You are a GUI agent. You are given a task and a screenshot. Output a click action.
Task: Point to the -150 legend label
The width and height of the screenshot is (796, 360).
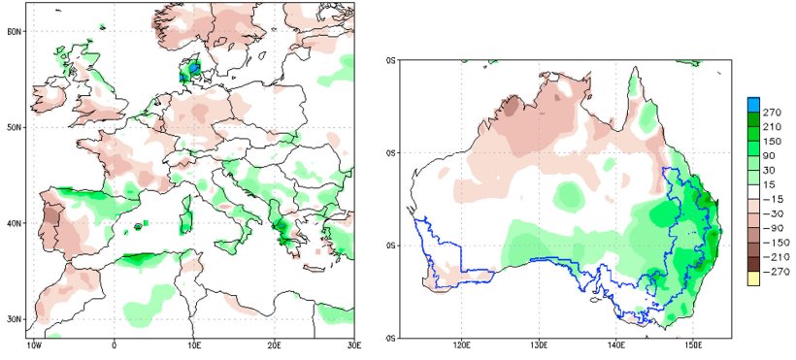coord(773,242)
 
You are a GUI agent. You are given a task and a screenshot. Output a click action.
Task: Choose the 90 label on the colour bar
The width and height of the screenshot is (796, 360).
coord(769,155)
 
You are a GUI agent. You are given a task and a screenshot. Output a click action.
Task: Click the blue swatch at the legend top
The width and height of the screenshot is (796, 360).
coord(752,103)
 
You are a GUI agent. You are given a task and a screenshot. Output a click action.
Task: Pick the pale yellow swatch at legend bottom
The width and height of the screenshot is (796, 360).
coord(752,279)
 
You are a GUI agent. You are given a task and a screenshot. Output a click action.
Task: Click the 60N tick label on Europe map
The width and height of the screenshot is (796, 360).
coord(15,31)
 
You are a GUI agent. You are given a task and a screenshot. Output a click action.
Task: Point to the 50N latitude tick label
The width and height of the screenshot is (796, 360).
coord(15,127)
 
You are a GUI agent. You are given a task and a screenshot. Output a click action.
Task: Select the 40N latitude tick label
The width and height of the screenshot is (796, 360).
coord(15,223)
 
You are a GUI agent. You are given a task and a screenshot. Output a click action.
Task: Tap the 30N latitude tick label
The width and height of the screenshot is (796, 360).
coord(15,318)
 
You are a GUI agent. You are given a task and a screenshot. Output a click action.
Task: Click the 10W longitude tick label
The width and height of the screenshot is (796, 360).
coord(34,344)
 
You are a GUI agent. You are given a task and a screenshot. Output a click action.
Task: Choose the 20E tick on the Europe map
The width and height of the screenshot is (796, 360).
coord(275,344)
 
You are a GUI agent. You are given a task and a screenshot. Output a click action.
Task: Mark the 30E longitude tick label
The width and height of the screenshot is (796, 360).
coord(353,344)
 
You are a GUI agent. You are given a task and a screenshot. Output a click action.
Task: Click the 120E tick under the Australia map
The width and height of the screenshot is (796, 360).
coord(462,344)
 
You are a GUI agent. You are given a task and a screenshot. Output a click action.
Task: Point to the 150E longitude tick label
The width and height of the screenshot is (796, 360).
coord(694,344)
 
